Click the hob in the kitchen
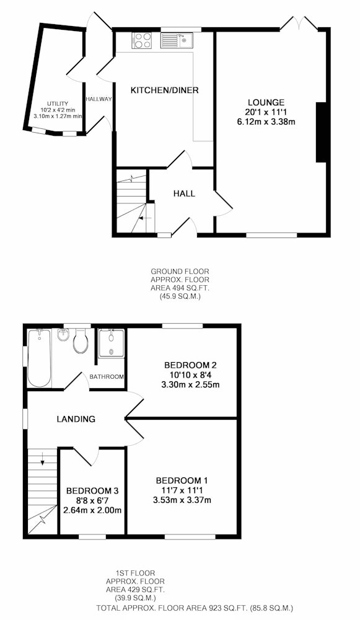click(x=143, y=40)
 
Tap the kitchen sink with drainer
click(x=176, y=40)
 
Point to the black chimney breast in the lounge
click(x=322, y=132)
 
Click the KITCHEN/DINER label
click(x=164, y=90)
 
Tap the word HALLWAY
click(x=99, y=99)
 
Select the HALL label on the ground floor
click(x=184, y=193)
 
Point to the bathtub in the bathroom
click(x=39, y=358)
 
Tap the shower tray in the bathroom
click(x=111, y=343)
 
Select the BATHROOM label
click(x=107, y=377)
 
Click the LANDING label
click(x=76, y=419)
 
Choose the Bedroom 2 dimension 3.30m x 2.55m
click(x=190, y=384)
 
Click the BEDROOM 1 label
click(x=182, y=481)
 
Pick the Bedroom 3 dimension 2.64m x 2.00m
click(x=92, y=510)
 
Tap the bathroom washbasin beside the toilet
click(x=63, y=335)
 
